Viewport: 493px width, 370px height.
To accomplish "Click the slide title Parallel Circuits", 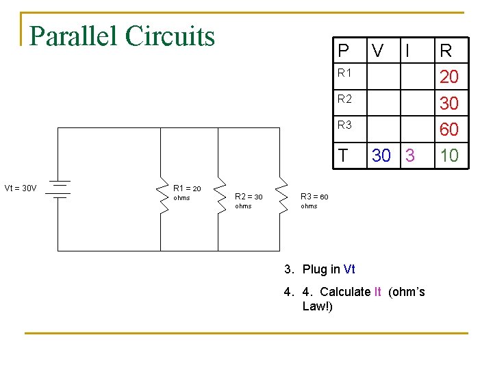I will (123, 36).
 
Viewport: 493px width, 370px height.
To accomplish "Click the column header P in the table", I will (343, 50).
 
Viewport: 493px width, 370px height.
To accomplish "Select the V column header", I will (377, 50).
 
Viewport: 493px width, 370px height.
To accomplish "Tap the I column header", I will (408, 50).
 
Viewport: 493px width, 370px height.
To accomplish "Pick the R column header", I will (446, 50).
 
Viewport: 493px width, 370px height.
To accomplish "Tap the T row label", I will (342, 156).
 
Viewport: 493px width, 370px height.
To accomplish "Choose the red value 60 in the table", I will (448, 129).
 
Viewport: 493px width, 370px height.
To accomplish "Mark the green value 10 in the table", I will (448, 156).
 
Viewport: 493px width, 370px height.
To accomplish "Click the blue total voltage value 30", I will (382, 156).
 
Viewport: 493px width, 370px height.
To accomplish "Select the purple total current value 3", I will (409, 156).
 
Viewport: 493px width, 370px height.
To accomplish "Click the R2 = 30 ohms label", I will (248, 201).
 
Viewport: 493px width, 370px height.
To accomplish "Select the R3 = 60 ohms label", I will (314, 201).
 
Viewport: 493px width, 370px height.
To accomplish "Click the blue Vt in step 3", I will (349, 269).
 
